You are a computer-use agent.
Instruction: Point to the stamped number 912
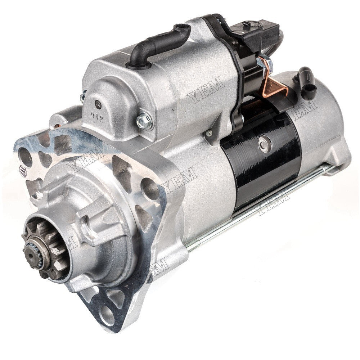point(97,119)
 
